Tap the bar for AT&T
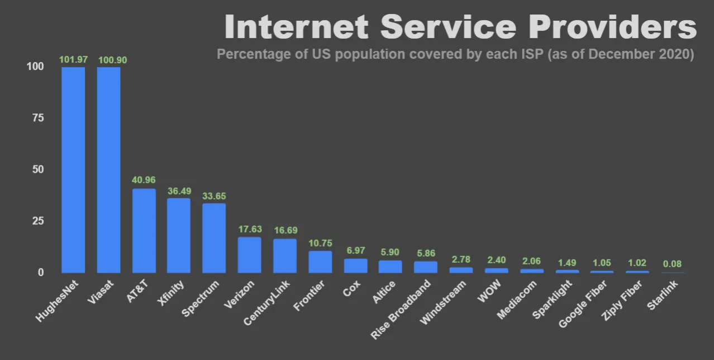[x=144, y=230]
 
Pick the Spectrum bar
[x=214, y=238]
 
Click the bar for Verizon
[x=249, y=254]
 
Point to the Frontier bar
[x=320, y=262]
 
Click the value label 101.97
[x=73, y=59]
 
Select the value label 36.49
[x=179, y=191]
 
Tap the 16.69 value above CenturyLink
[x=285, y=230]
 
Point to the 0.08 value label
[x=673, y=264]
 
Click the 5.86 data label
[x=426, y=253]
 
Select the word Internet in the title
[x=296, y=27]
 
